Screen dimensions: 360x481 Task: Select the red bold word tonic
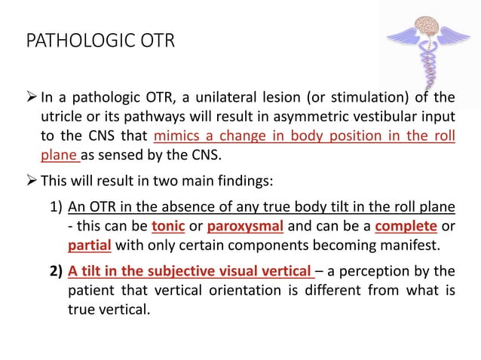pyautogui.click(x=167, y=226)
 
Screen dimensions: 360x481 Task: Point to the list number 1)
pyautogui.click(x=55, y=206)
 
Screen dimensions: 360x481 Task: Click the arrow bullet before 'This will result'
pyautogui.click(x=32, y=181)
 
